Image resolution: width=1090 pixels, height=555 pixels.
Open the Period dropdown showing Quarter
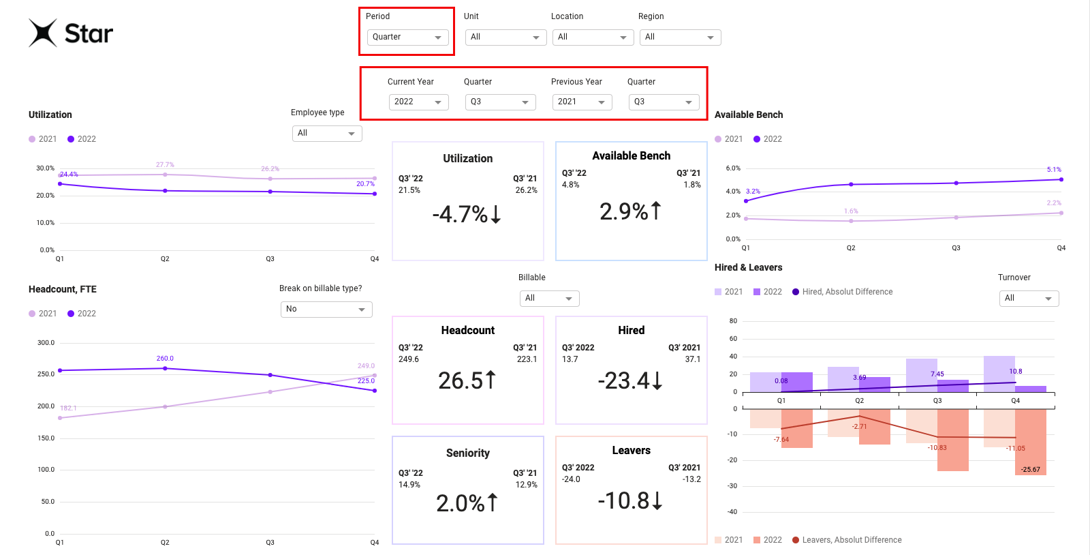point(407,37)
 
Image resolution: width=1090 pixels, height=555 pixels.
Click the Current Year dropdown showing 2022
point(418,102)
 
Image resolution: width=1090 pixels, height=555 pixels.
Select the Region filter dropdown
point(679,37)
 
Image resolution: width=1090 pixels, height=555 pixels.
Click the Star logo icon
point(43,33)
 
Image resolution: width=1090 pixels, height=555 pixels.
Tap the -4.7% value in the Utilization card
point(467,214)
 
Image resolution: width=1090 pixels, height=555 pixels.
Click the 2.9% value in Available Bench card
point(630,211)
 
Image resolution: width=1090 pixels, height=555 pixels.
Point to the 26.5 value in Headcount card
point(467,380)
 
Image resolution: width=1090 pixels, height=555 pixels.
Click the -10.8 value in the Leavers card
point(630,500)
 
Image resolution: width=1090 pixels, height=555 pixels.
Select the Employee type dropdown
point(327,134)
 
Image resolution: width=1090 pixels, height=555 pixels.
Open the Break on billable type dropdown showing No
point(326,310)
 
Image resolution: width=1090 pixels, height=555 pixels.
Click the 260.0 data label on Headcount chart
point(165,359)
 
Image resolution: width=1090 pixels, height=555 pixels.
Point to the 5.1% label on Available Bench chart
point(1054,170)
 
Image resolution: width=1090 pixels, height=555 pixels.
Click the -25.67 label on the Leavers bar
point(1030,469)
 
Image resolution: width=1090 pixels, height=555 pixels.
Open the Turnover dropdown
point(1029,299)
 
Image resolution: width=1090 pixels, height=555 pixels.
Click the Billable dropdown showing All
point(549,299)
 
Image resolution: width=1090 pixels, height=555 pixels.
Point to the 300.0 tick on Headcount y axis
point(46,343)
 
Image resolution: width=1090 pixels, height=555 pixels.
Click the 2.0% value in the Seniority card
point(467,503)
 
